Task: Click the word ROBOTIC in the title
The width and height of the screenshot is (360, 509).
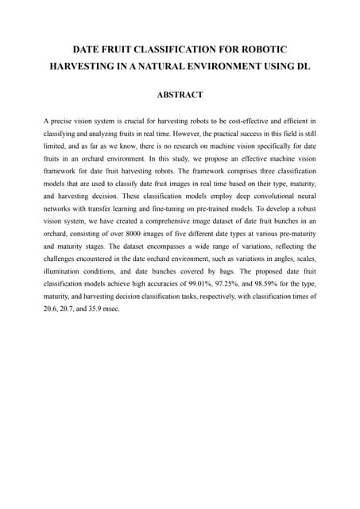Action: (x=264, y=49)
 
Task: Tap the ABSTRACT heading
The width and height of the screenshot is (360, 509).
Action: (x=180, y=95)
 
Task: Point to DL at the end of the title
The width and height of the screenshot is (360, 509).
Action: (x=303, y=66)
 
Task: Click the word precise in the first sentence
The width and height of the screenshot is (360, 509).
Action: (x=66, y=122)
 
